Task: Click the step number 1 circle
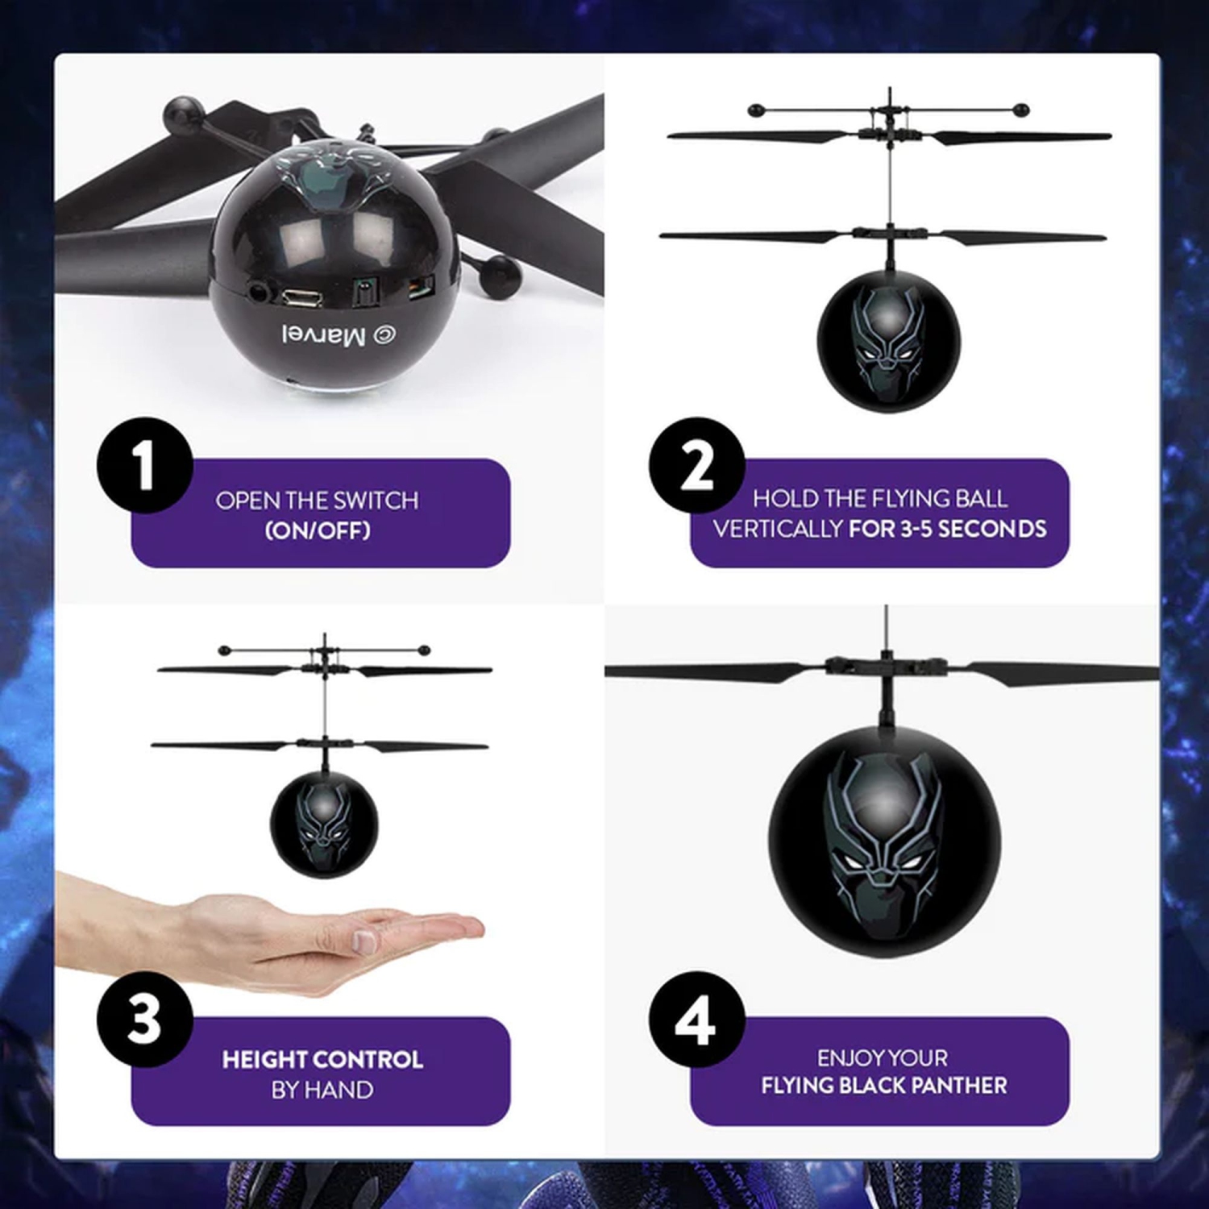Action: coord(145,465)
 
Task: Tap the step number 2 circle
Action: coord(696,465)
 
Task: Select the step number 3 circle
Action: coord(145,1019)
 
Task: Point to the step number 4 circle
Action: coord(696,1020)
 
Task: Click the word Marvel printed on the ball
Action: coord(323,335)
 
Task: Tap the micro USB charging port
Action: coord(301,297)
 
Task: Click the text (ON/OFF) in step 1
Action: coord(318,530)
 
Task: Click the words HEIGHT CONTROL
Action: coord(322,1059)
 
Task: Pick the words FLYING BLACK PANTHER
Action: coord(884,1086)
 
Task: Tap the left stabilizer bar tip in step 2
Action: coord(754,109)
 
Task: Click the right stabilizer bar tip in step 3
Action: coord(424,650)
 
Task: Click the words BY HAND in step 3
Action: coord(322,1090)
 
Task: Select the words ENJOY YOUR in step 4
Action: coord(883,1057)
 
